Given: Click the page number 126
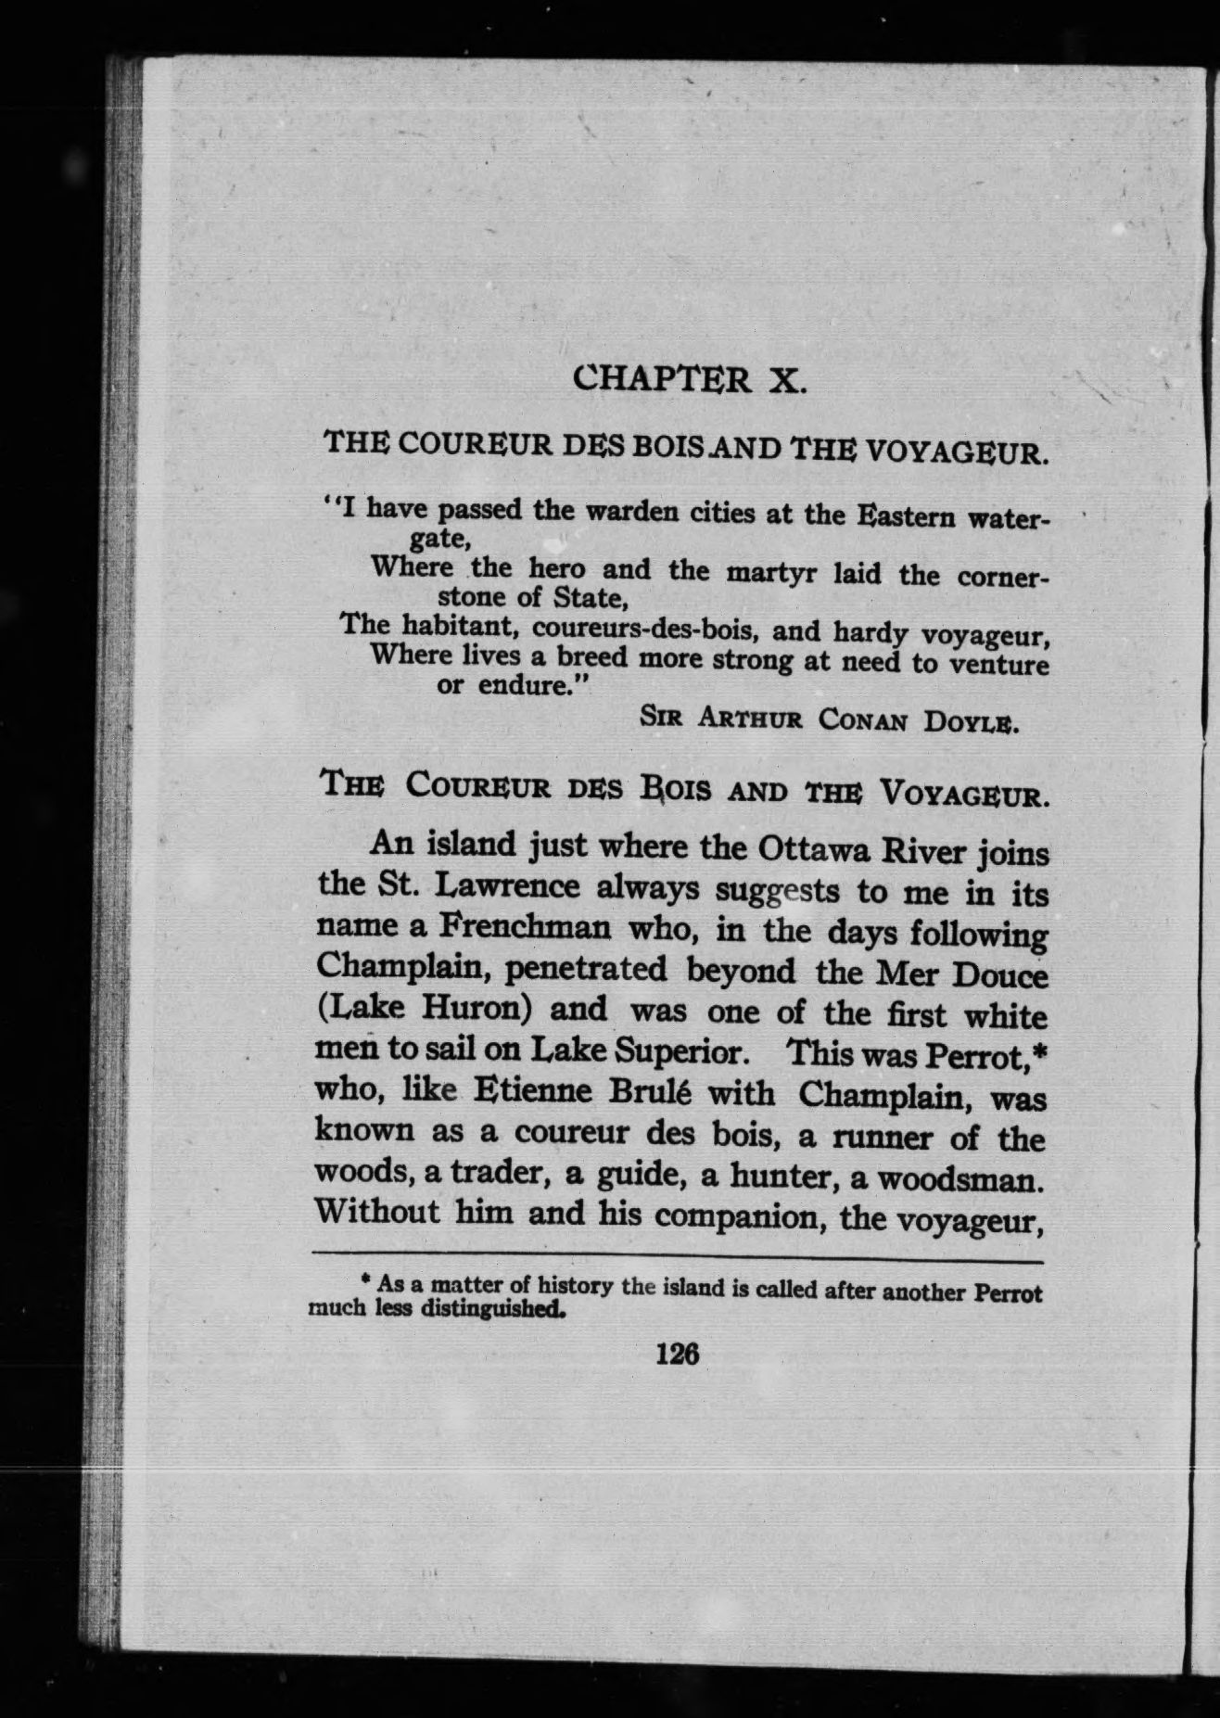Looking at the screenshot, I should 677,1355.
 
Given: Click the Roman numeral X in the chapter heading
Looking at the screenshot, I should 787,381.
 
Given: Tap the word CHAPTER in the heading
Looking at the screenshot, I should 662,379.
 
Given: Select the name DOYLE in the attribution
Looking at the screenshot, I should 972,722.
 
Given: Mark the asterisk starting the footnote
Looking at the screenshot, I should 366,1280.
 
